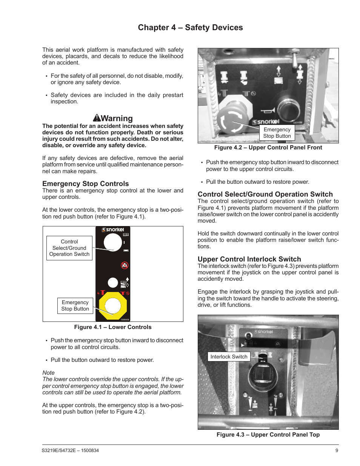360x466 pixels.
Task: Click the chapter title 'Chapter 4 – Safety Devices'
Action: click(190, 28)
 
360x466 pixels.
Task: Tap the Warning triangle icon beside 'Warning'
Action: click(97, 118)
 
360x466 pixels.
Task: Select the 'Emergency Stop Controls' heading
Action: click(85, 184)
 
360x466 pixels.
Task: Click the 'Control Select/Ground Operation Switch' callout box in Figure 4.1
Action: click(69, 248)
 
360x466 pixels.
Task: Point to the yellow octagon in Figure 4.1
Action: click(112, 305)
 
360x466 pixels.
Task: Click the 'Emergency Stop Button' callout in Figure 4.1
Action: click(75, 306)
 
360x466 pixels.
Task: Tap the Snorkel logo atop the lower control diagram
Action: click(113, 229)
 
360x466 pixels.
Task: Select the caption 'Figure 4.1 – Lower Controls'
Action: click(112, 327)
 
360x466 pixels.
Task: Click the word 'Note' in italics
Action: click(48, 373)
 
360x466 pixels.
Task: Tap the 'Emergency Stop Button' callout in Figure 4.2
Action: click(277, 133)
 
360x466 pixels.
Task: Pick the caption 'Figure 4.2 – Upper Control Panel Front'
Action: click(268, 148)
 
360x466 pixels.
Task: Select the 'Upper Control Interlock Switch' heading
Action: click(249, 259)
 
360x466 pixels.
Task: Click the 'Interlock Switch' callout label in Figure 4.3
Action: click(229, 357)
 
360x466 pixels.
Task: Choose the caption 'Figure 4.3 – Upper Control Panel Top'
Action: click(268, 435)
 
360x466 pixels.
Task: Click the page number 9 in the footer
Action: click(337, 451)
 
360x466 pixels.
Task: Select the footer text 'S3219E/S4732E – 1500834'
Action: click(70, 451)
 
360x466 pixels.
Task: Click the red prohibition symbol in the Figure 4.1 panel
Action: click(125, 265)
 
